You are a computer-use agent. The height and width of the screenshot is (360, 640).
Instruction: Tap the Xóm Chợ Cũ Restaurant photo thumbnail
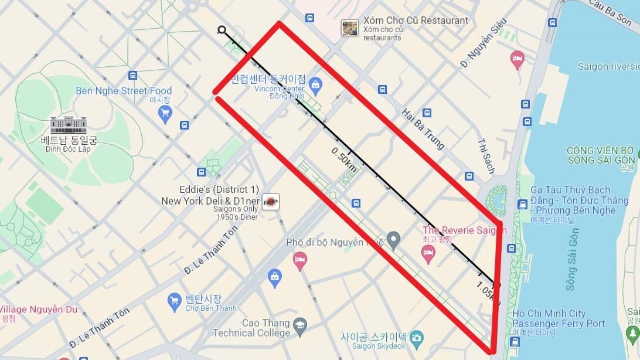coord(350,28)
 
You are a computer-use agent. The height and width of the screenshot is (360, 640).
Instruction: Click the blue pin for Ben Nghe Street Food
coord(165,113)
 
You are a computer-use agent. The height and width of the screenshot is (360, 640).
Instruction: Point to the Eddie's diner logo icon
coord(270,201)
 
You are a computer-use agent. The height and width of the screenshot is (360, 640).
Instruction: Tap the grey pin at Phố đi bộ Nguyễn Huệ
coord(393,239)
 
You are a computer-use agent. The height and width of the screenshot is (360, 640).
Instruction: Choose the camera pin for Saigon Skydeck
coord(416,337)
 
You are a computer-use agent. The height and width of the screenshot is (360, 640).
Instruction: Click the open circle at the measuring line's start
coord(222,30)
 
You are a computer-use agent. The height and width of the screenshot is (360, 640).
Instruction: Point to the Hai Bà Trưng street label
coord(423,128)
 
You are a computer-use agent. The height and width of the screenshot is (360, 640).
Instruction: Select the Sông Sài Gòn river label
coord(571,259)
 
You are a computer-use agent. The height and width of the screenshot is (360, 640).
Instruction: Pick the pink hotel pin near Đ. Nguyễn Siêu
coord(517,59)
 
